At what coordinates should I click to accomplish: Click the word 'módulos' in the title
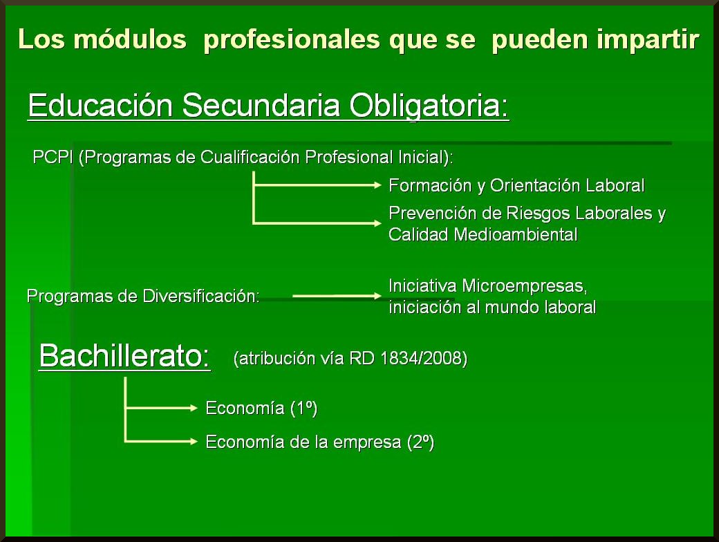130,39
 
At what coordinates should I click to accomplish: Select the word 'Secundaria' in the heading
261,106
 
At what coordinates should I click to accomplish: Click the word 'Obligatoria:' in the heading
429,106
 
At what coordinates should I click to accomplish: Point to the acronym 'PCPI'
53,158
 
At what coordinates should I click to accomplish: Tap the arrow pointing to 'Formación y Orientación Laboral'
317,185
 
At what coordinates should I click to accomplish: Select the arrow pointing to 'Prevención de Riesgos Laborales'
317,223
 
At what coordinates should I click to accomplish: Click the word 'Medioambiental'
516,235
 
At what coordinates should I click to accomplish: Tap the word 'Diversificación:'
201,296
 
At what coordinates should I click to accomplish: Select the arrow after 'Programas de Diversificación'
337,296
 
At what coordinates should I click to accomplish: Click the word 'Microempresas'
524,286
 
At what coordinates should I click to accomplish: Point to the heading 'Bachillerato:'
124,356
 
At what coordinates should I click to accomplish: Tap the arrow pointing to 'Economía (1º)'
161,408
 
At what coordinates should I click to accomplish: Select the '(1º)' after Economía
304,408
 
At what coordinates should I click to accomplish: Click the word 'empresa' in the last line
367,442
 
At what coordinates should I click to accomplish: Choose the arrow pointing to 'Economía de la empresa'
161,442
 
